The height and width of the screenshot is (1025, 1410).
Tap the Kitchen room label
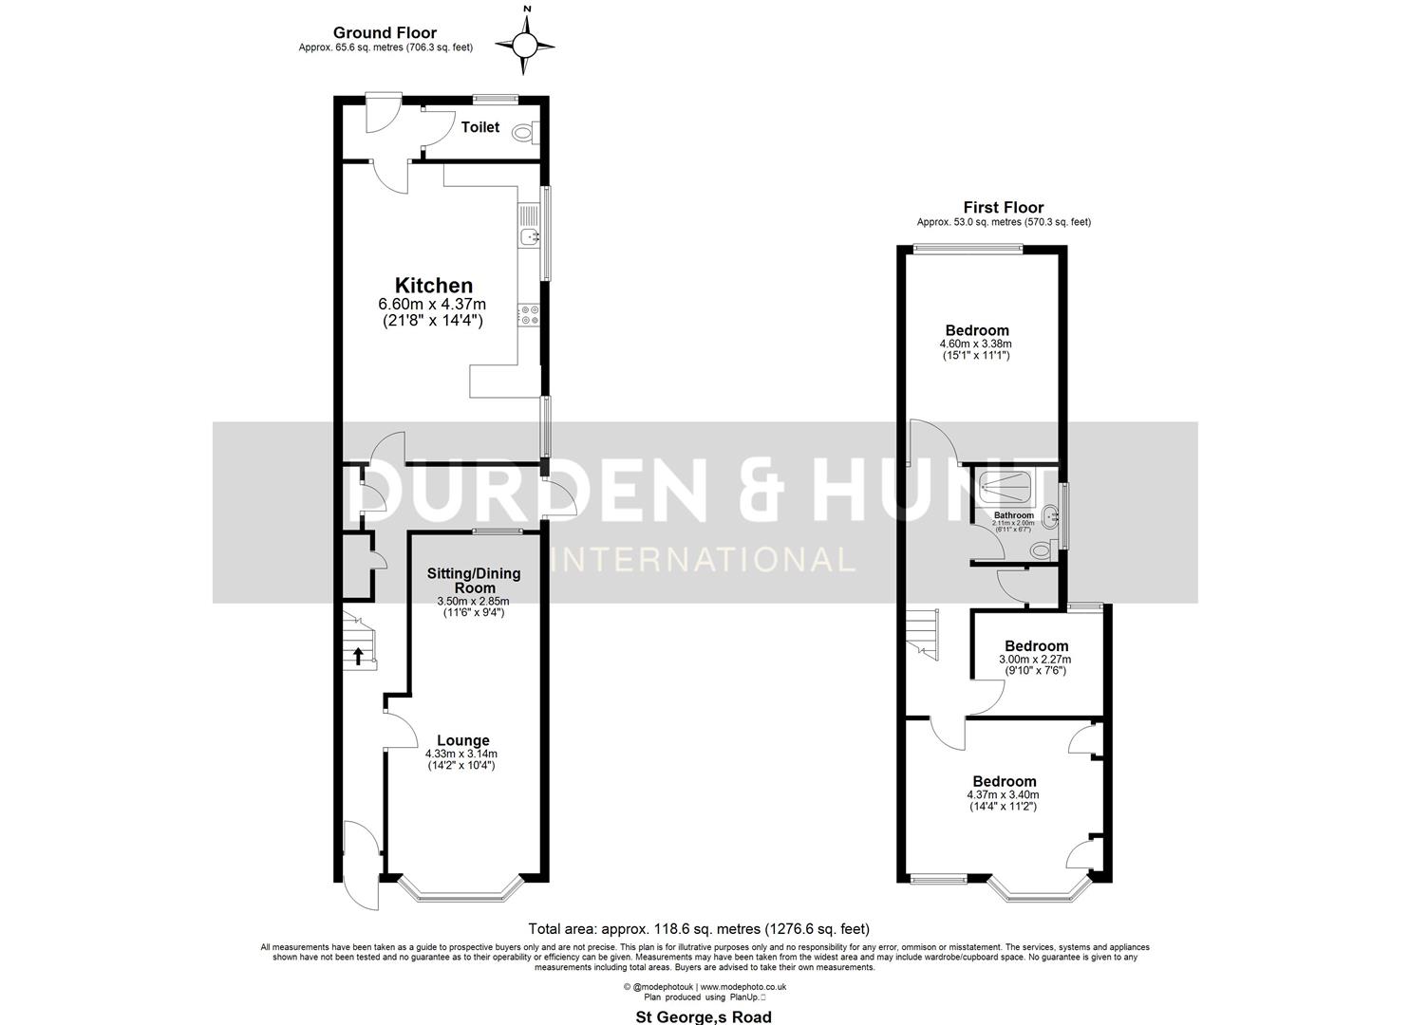tap(433, 285)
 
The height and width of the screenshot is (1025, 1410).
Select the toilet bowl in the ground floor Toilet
tap(523, 134)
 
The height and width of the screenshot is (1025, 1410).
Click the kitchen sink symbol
tap(530, 236)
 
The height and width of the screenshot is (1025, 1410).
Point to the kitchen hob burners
tap(529, 315)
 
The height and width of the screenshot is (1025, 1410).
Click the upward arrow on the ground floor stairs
tap(358, 655)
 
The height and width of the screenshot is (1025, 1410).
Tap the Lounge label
tap(463, 740)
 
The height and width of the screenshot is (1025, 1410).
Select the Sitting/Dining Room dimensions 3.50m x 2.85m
tap(473, 601)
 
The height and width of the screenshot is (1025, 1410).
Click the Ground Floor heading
tap(385, 33)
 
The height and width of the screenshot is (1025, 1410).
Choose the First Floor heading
tap(1003, 207)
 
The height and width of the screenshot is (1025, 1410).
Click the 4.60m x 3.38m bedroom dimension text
tap(975, 344)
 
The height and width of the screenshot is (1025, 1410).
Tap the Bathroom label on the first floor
tap(1014, 515)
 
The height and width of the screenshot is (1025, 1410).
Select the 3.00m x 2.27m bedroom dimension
tap(1035, 660)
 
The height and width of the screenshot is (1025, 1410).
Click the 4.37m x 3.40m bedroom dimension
tap(1003, 794)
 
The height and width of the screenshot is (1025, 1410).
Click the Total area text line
tap(698, 929)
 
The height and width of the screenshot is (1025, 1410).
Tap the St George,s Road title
tap(703, 1016)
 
